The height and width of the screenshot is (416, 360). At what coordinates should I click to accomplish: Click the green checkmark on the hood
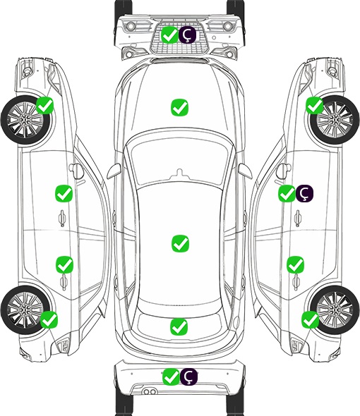179,107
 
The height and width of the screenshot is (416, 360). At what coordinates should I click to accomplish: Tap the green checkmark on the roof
180,243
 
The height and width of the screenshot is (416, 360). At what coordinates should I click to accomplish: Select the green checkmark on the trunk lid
179,326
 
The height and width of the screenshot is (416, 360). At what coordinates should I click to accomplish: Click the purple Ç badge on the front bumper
187,35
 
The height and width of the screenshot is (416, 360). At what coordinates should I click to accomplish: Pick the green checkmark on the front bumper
169,35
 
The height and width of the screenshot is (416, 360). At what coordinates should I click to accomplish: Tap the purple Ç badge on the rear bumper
189,377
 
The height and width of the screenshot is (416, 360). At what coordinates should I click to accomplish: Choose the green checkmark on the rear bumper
171,377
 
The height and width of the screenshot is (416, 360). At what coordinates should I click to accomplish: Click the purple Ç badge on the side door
305,193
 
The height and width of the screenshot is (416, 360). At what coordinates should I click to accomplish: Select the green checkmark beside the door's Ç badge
287,193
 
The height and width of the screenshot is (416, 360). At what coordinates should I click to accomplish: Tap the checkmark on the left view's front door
64,193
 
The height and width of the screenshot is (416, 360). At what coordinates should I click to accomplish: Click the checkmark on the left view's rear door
64,264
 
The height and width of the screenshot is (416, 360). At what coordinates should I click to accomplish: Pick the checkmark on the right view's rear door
296,264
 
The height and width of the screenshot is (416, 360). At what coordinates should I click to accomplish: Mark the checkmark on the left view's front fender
45,105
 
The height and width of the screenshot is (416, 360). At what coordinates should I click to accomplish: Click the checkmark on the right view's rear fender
311,319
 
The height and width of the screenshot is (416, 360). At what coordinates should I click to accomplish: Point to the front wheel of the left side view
25,121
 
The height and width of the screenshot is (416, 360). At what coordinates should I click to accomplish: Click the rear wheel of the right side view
335,310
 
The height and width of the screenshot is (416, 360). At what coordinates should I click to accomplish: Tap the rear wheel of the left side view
25,310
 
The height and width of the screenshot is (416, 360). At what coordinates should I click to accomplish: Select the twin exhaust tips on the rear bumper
150,392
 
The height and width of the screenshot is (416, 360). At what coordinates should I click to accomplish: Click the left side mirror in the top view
114,171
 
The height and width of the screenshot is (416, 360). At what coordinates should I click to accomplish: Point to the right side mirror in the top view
245,171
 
